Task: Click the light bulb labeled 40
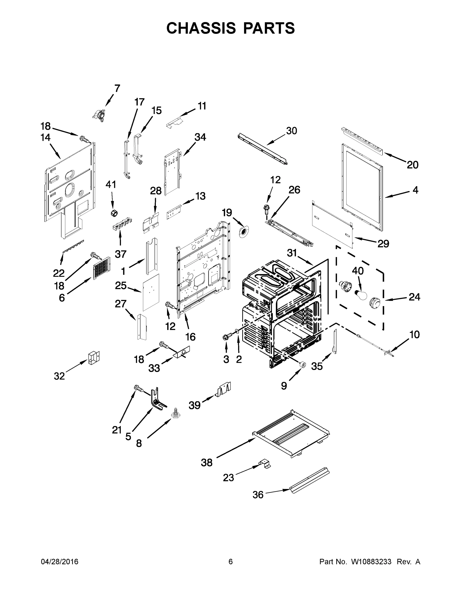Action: click(x=360, y=295)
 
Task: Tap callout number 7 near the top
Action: click(x=117, y=89)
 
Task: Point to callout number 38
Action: click(x=207, y=463)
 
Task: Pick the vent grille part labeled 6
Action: click(x=102, y=268)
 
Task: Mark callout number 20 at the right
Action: click(x=412, y=165)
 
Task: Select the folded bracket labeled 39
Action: click(x=224, y=389)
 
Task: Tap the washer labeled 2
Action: click(x=237, y=332)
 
